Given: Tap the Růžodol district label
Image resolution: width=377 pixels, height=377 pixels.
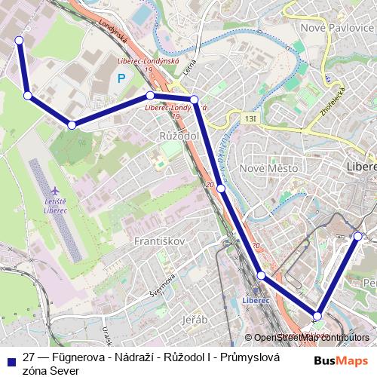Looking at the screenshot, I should pos(178,135).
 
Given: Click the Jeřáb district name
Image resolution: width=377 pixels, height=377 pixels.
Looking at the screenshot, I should pos(195,320).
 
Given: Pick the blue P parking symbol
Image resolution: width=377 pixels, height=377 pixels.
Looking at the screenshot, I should pos(120,78).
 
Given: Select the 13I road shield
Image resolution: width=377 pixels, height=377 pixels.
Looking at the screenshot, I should pos(251,118).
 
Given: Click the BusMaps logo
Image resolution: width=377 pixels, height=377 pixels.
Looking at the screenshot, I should pos(342,360).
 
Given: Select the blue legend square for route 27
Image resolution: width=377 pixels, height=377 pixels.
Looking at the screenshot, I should pos(10,360).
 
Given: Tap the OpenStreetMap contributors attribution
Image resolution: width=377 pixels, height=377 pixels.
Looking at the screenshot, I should pos(311,337).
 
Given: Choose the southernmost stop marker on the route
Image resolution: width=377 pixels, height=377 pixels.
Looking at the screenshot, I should pos(318,316).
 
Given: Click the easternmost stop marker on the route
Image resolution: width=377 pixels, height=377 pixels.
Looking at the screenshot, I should pos(358,236).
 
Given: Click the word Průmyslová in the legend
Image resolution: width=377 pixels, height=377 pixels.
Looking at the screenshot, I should pos(249,357).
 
